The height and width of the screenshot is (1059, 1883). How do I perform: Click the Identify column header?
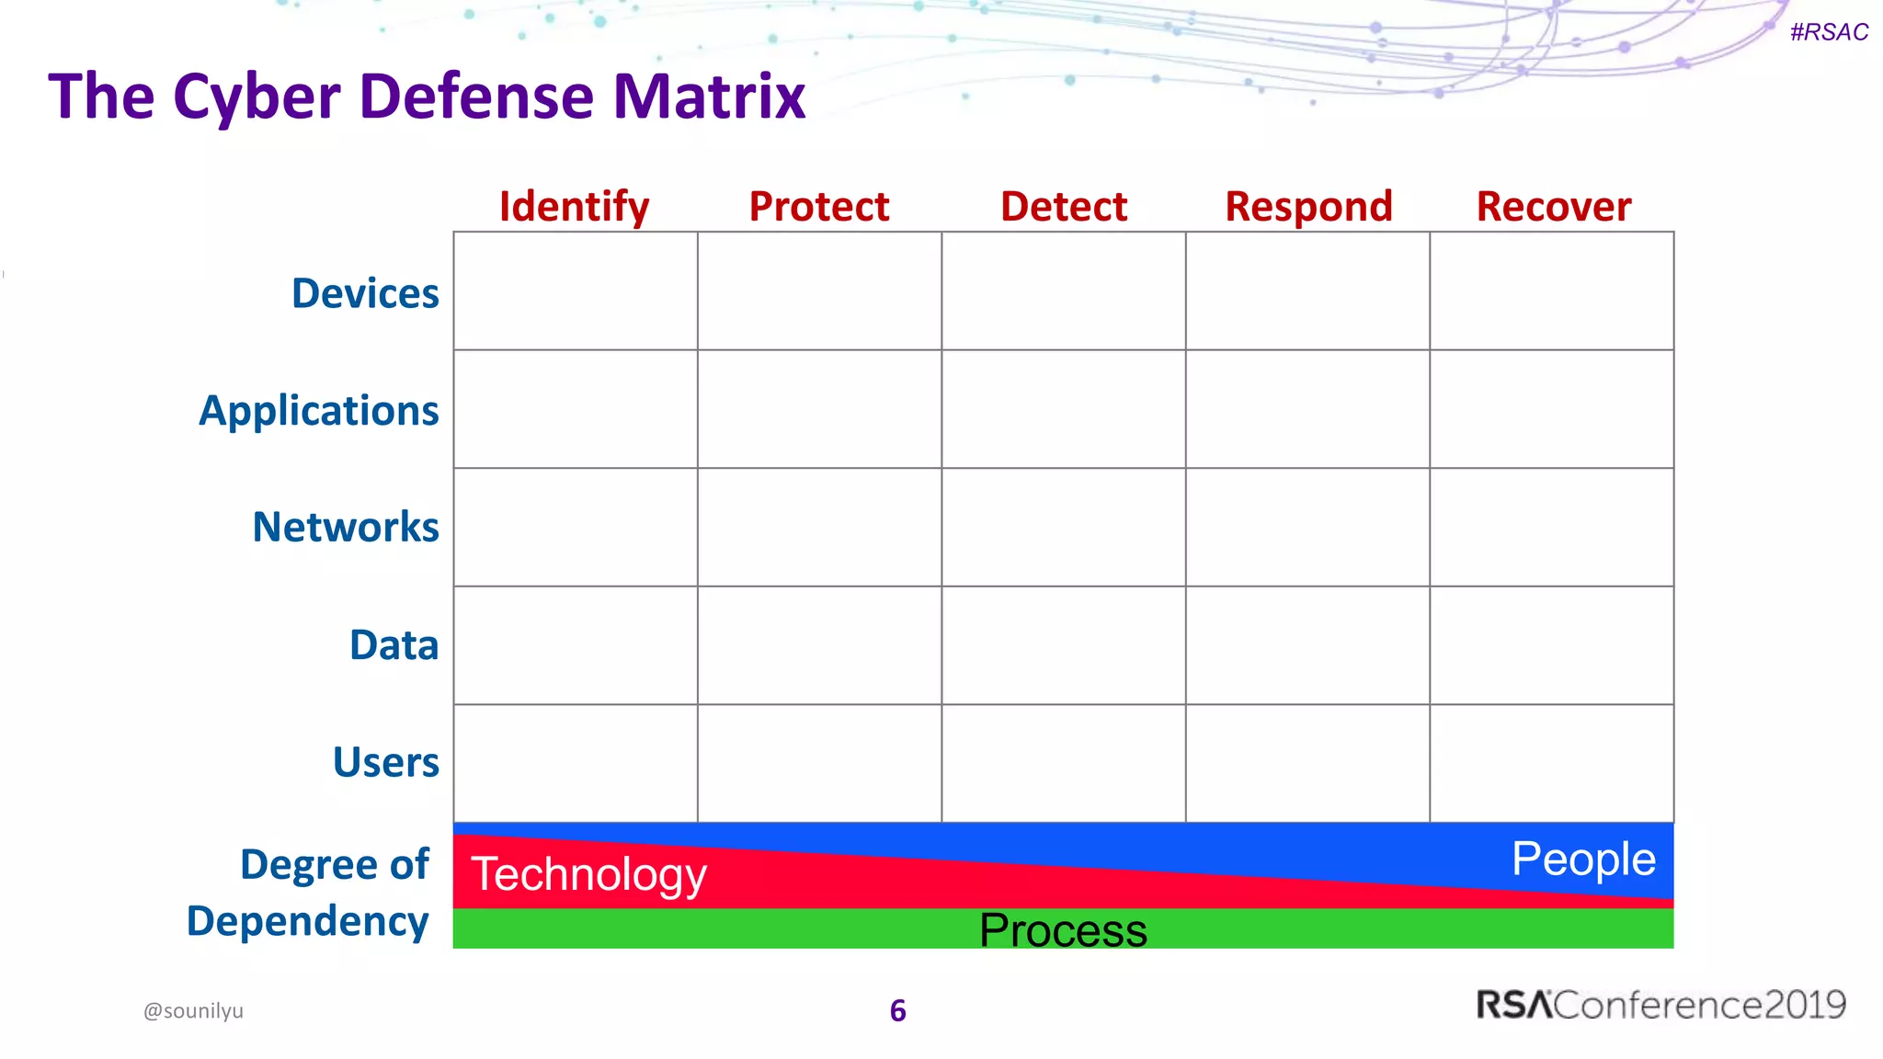[x=574, y=207]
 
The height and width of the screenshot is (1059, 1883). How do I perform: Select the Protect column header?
[x=819, y=207]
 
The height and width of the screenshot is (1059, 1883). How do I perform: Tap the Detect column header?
[x=1064, y=207]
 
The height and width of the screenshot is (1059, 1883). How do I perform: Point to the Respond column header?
[x=1308, y=207]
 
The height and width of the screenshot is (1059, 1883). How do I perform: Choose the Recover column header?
[x=1554, y=207]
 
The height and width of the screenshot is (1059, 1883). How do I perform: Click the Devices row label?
[x=365, y=293]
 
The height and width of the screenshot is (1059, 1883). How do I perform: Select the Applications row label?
[x=319, y=411]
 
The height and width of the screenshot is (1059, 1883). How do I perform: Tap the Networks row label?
[x=346, y=528]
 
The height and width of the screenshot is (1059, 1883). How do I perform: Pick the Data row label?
[x=394, y=645]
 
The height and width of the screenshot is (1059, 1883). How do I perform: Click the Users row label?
[x=386, y=763]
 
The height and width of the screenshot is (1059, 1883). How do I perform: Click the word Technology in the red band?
[x=588, y=874]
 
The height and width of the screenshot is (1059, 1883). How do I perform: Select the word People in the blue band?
[x=1583, y=860]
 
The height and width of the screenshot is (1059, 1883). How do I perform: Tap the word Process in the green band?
[x=1063, y=930]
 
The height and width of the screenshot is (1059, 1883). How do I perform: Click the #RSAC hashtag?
[x=1829, y=32]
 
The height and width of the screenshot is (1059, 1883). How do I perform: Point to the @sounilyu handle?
[x=193, y=1011]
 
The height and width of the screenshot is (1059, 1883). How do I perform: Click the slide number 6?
[x=898, y=1011]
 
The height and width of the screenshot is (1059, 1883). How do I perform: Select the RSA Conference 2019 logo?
[x=1660, y=1005]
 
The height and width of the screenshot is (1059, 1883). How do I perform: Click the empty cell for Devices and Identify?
[x=576, y=291]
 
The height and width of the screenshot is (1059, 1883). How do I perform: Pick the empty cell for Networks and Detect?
[x=1064, y=528]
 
